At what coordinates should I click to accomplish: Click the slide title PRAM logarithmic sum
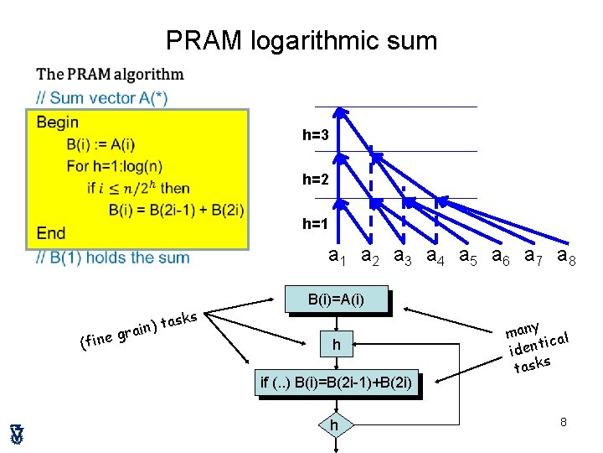click(x=301, y=40)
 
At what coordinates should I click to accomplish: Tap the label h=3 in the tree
click(x=316, y=135)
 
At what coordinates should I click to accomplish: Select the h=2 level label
click(x=316, y=180)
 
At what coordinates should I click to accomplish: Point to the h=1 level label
click(x=316, y=224)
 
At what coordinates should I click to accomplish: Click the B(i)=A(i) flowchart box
click(x=336, y=299)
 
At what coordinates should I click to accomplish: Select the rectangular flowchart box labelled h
click(x=336, y=344)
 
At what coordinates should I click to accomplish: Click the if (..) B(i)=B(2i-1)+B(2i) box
click(x=336, y=383)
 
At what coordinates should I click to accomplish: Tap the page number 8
click(x=564, y=422)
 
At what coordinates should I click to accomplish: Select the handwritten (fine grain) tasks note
click(x=138, y=330)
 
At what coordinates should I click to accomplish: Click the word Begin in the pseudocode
click(x=58, y=122)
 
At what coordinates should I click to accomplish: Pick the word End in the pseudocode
click(x=51, y=232)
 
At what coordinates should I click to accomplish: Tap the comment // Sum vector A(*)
click(x=101, y=98)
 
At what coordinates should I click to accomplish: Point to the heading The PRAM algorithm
click(x=111, y=74)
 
